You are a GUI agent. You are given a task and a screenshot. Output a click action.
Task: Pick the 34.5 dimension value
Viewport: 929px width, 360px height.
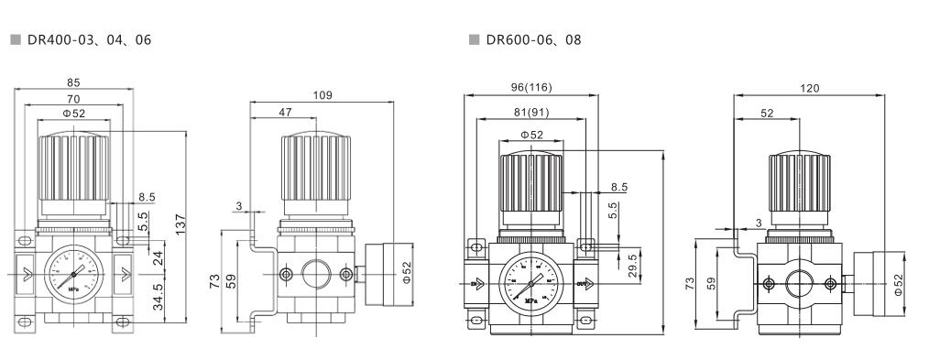point(158,299)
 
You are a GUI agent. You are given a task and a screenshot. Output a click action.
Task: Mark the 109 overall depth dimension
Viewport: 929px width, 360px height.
point(322,95)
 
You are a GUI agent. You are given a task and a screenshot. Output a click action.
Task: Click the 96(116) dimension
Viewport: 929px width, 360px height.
point(531,87)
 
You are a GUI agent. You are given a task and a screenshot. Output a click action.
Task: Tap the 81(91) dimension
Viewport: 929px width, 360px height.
point(531,114)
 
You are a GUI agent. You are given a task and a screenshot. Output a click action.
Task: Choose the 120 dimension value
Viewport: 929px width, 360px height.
point(809,89)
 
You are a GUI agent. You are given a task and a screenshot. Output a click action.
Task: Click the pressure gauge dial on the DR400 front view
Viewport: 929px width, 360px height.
point(73,272)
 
